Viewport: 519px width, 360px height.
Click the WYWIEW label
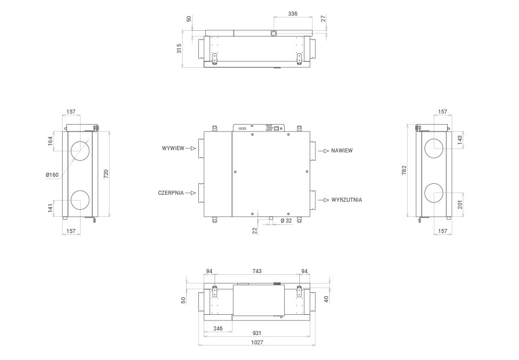173,148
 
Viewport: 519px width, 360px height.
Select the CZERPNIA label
171,193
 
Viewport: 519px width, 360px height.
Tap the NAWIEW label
342,151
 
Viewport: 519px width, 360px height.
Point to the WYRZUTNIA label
347,200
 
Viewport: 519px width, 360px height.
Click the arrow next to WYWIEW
191,148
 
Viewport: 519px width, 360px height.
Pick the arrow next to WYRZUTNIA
324,200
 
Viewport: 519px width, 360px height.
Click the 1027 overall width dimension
257,343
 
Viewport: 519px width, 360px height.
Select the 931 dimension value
257,333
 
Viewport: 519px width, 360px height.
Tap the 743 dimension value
257,271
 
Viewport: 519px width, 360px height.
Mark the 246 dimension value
218,329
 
